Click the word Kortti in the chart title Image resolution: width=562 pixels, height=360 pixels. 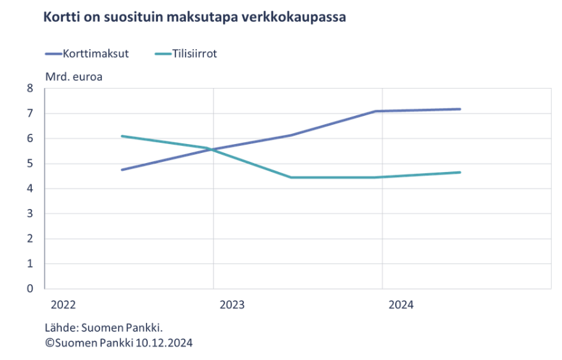61,18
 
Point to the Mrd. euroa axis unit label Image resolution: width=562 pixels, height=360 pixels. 73,76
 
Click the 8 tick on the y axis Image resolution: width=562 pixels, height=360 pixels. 30,89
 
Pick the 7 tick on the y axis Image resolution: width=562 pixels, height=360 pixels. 30,113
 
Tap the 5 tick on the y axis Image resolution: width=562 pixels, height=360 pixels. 30,164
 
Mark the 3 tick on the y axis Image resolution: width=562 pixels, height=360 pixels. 30,213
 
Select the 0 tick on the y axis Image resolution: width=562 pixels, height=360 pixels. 30,289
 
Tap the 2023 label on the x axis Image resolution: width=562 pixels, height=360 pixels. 231,305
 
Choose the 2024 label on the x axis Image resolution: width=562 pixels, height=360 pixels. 401,305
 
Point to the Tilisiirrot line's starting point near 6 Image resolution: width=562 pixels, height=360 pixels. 122,136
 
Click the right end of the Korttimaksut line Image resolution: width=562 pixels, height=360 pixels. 460,109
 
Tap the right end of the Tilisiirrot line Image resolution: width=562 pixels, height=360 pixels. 460,172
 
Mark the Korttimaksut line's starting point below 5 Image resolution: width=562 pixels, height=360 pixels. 122,169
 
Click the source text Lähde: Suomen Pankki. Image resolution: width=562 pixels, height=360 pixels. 104,329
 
